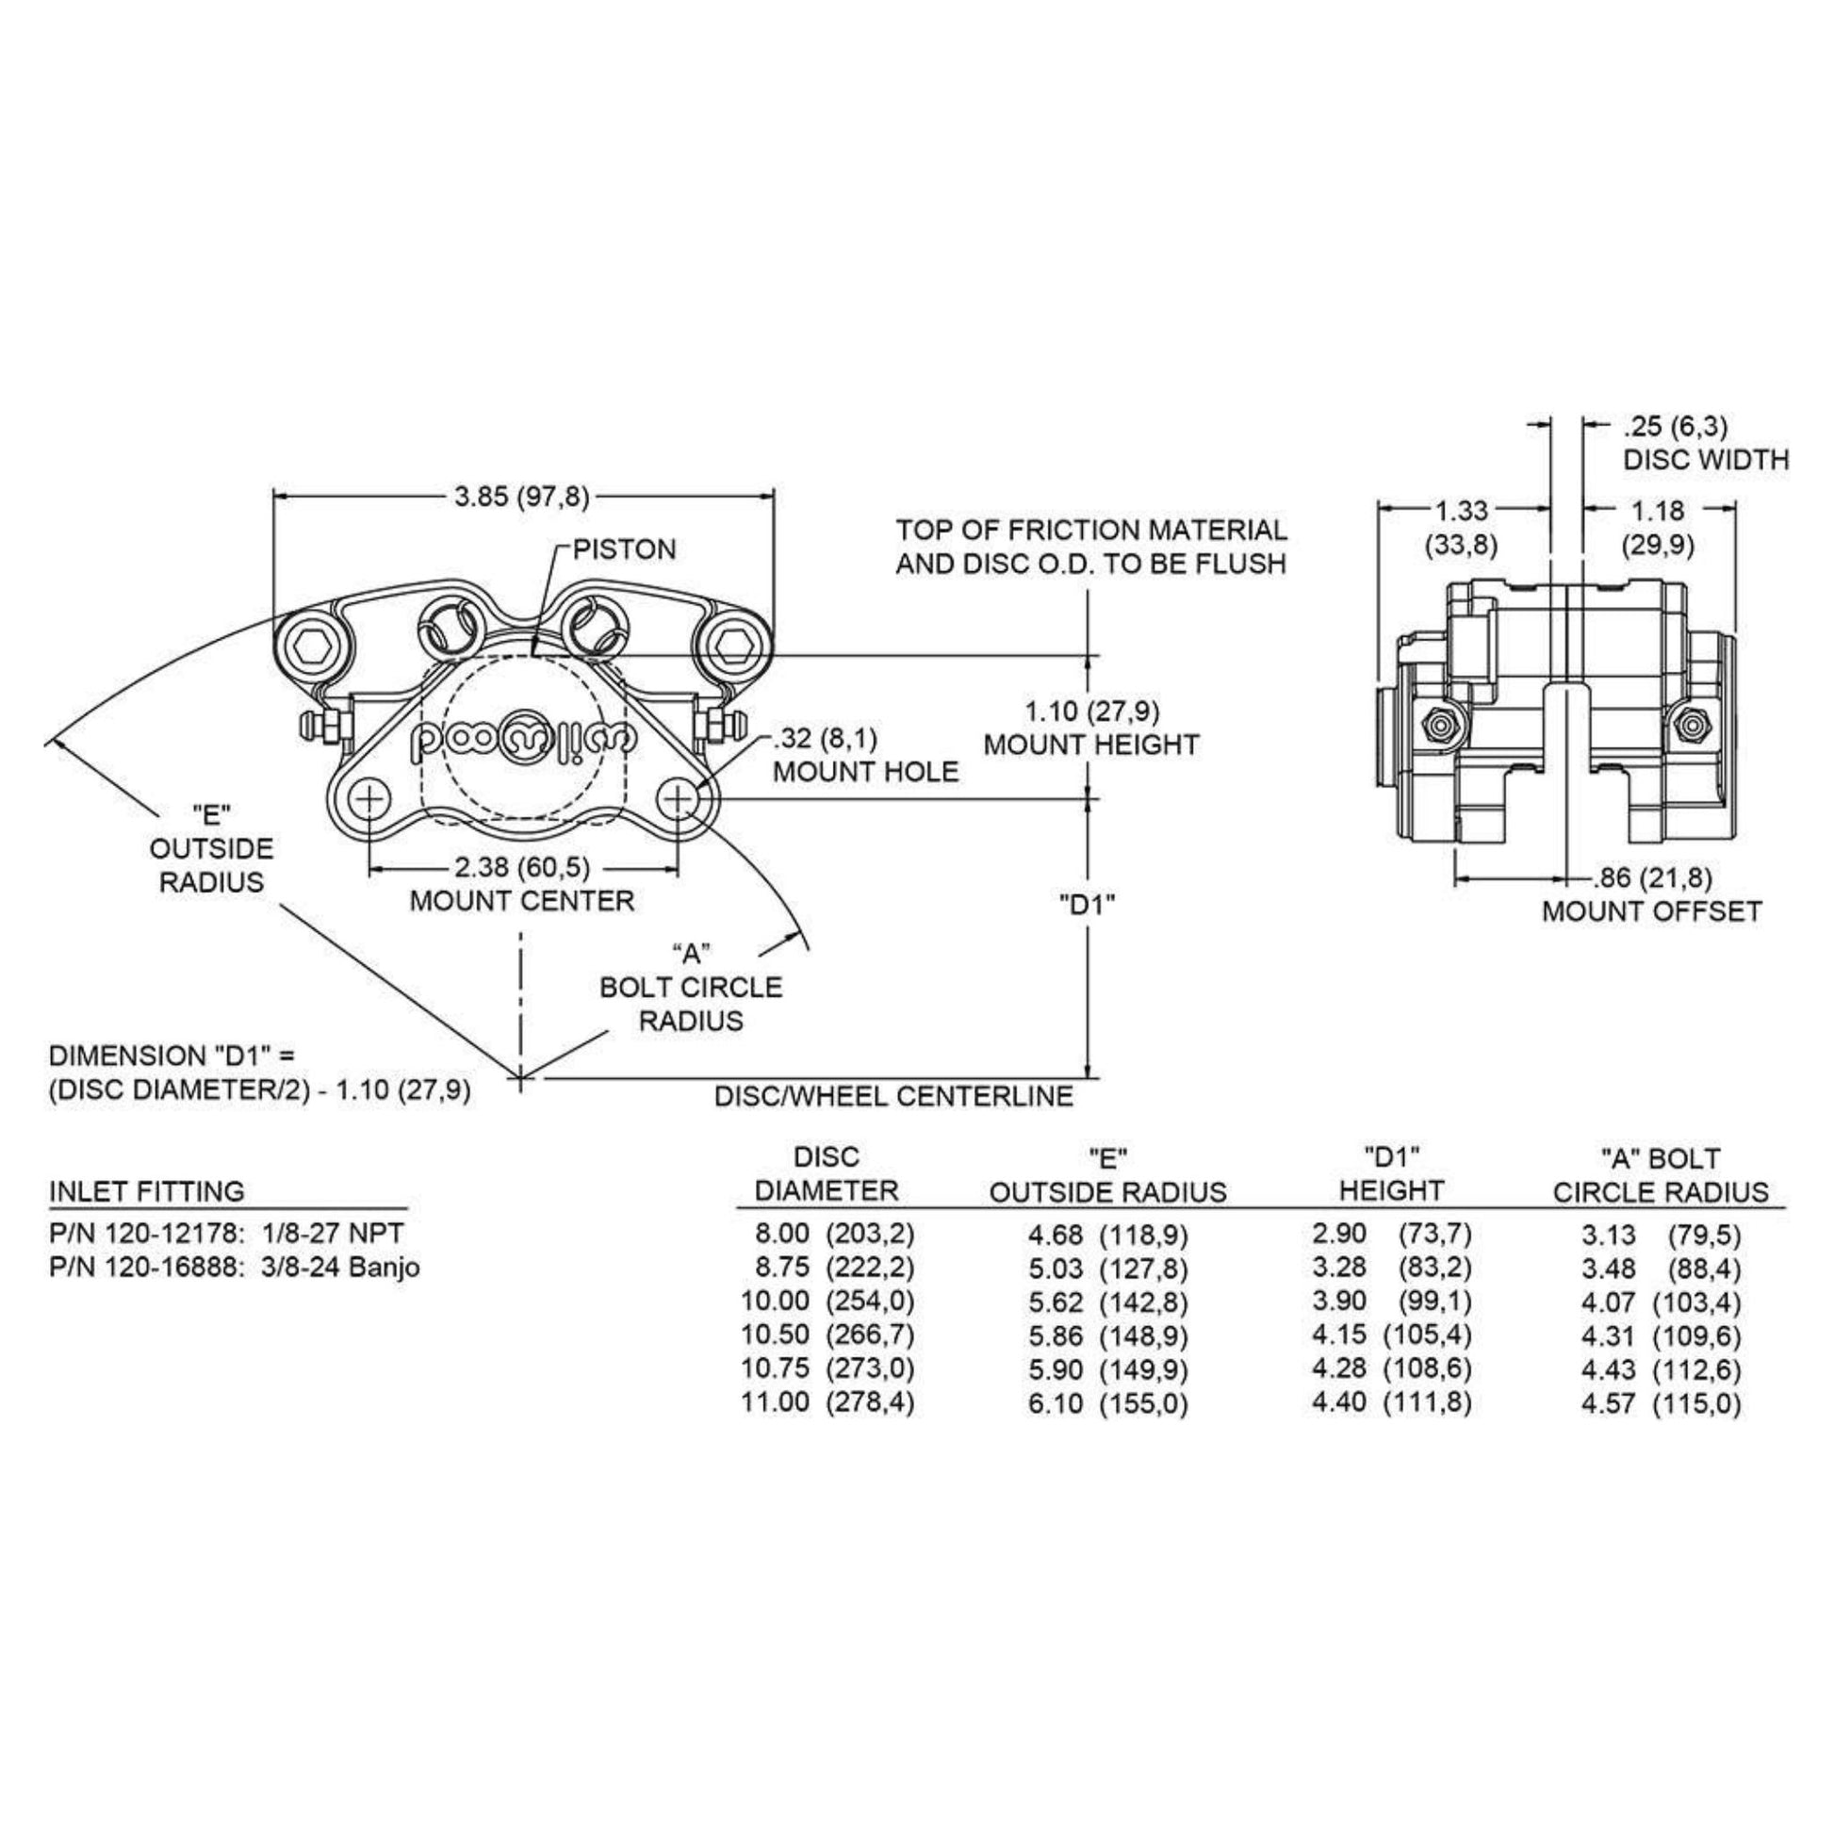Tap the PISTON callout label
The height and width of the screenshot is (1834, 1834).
click(x=624, y=549)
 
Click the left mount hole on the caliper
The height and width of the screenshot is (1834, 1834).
click(x=369, y=799)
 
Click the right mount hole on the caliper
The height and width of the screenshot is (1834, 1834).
click(x=678, y=799)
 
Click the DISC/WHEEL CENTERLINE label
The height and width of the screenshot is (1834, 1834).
click(x=893, y=1096)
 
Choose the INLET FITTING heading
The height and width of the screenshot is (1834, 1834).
click(x=146, y=1190)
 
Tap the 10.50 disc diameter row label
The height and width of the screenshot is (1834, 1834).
click(x=775, y=1335)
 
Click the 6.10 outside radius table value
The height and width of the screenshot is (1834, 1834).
click(x=1055, y=1402)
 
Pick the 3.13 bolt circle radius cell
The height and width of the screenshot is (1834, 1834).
click(x=1608, y=1234)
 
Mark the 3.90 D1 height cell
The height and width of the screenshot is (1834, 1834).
click(x=1338, y=1301)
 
